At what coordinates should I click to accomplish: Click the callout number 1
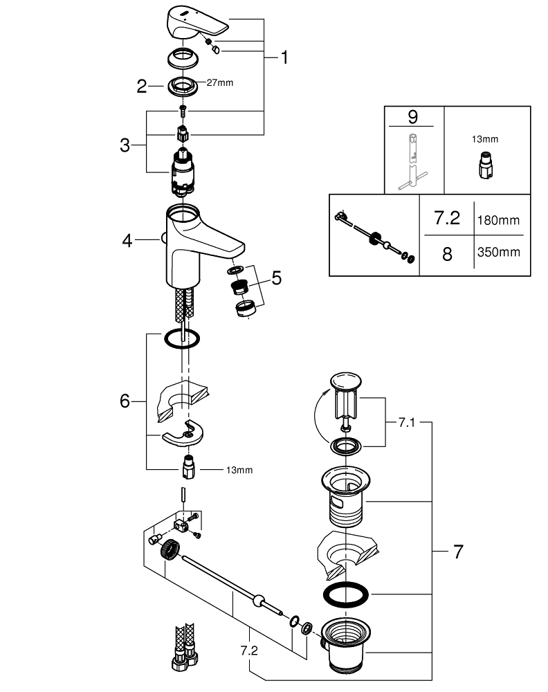[x=283, y=57]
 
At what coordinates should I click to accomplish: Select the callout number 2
[x=142, y=86]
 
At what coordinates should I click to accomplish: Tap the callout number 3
[x=125, y=145]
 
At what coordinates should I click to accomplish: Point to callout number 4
[x=127, y=240]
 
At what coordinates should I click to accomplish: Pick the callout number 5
[x=276, y=278]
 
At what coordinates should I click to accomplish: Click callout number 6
[x=125, y=400]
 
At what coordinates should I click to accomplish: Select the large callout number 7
[x=457, y=552]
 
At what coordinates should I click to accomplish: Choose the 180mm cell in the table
[x=498, y=220]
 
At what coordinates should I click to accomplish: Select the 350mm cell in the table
[x=498, y=253]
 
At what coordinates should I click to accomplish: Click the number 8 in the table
[x=446, y=254]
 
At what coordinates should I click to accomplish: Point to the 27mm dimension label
[x=220, y=82]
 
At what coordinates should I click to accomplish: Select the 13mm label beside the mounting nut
[x=239, y=470]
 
